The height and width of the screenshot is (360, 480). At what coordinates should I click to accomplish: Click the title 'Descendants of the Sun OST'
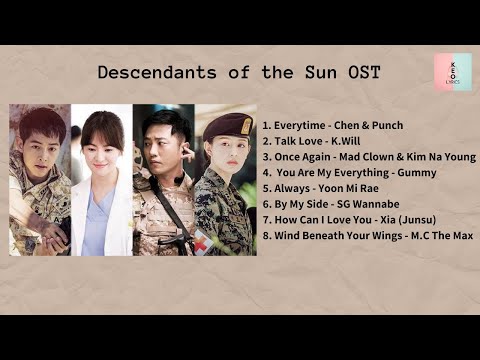(239, 73)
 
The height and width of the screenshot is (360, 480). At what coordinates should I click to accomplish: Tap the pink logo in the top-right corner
(453, 72)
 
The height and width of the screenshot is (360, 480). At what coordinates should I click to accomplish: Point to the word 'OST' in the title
(362, 73)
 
